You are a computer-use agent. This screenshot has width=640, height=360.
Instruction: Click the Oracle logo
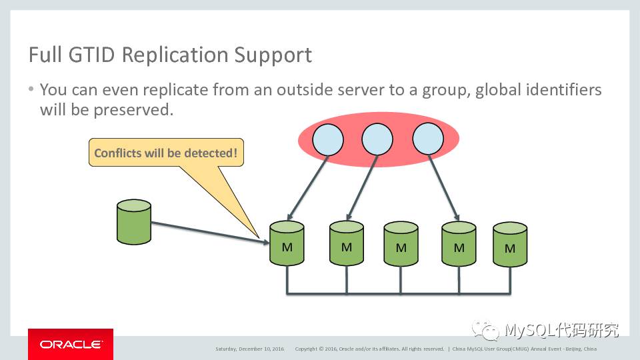[71, 344]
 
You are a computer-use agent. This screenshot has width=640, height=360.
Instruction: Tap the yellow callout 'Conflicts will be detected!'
[166, 153]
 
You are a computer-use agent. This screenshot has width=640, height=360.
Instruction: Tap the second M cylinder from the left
[347, 244]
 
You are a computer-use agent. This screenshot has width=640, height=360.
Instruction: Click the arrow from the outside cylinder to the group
[207, 229]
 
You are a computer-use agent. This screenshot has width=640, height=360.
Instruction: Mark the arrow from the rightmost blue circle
[443, 188]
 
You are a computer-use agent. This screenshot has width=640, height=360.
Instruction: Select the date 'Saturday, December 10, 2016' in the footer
[249, 349]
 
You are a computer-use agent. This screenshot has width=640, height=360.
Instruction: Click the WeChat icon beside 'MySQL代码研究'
[485, 329]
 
